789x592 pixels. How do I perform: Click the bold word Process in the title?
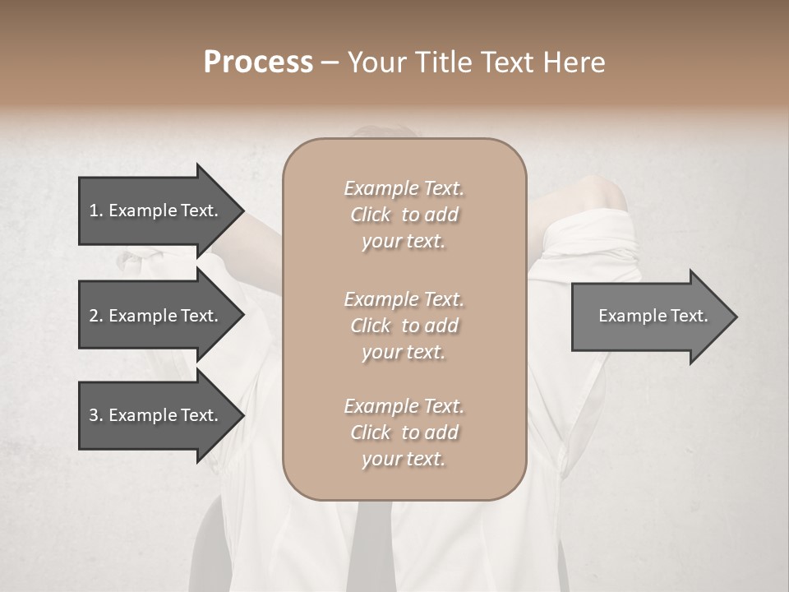click(258, 62)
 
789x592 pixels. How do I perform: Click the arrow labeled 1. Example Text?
click(156, 210)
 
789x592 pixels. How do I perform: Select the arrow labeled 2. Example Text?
click(156, 316)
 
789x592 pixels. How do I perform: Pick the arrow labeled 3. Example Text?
click(156, 415)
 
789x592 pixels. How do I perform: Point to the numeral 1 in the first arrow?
click(94, 210)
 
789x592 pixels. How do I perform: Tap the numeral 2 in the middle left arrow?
click(94, 316)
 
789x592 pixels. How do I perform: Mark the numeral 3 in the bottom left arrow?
click(94, 415)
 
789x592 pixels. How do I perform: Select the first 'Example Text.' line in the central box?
click(404, 188)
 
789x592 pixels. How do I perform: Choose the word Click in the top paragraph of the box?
click(371, 215)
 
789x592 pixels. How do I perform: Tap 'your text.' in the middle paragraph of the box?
click(404, 352)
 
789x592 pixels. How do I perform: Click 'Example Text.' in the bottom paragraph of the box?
click(404, 406)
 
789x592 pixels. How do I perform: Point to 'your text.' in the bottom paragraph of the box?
click(404, 460)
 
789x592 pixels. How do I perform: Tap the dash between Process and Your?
click(330, 63)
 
